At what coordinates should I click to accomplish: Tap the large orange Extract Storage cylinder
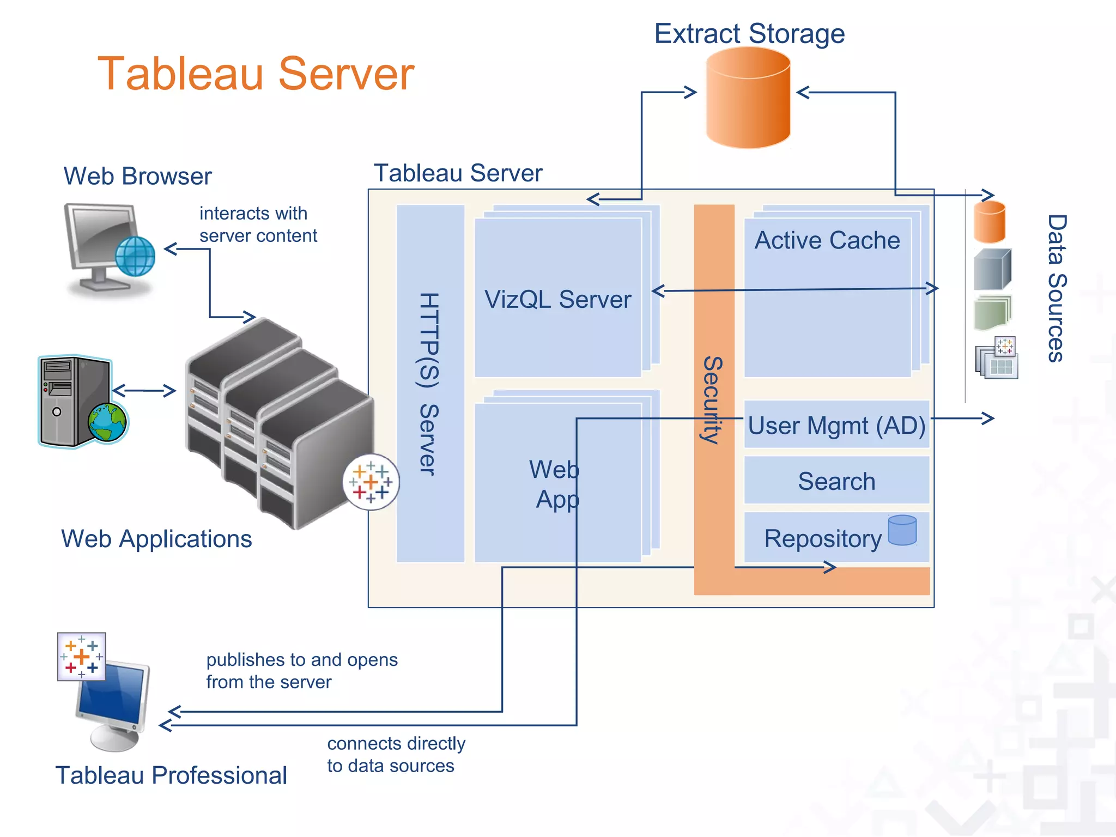click(x=748, y=98)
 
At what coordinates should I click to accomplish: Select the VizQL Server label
click(x=557, y=299)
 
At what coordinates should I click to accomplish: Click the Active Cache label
click(x=827, y=240)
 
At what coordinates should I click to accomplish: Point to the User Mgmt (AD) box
click(x=836, y=425)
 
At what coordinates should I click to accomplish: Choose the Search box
click(x=836, y=481)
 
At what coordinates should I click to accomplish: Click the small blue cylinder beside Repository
click(x=902, y=530)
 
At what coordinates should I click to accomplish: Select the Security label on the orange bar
click(x=712, y=400)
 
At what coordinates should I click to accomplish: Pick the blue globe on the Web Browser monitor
click(x=135, y=256)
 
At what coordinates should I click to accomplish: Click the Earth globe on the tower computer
click(x=107, y=422)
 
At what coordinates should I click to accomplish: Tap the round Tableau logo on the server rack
click(x=371, y=482)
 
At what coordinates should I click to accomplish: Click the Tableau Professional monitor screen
click(x=112, y=693)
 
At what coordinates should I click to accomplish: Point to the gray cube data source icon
click(x=992, y=269)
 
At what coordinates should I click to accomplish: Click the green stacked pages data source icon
click(x=992, y=313)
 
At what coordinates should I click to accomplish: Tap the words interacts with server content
click(x=257, y=225)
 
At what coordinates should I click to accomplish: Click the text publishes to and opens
click(x=302, y=660)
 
